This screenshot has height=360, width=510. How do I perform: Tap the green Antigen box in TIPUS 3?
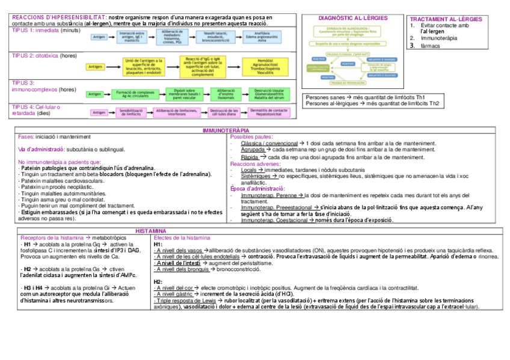pyautogui.click(x=94, y=94)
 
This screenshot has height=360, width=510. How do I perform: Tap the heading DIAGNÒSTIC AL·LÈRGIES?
pyautogui.click(x=352, y=19)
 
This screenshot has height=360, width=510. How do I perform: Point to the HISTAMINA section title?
pyautogui.click(x=150, y=231)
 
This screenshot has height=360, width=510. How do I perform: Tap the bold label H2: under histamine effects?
pyautogui.click(x=158, y=281)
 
